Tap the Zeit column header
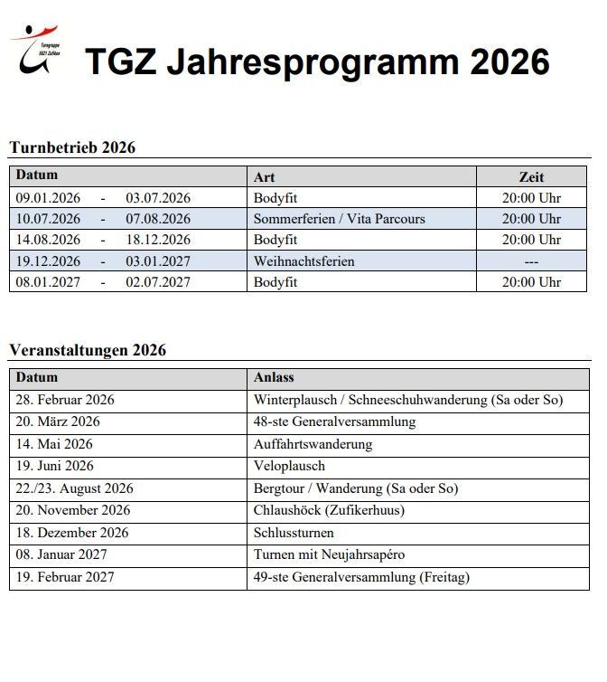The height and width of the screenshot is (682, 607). [x=531, y=177]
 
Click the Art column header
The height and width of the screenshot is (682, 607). [x=264, y=177]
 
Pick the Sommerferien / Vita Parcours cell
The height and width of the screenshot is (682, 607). [x=339, y=219]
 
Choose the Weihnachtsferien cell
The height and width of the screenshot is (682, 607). [x=303, y=261]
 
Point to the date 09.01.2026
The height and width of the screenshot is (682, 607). [x=49, y=198]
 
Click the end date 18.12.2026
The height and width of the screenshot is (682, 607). [x=158, y=241]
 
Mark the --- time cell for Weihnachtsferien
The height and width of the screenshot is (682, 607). [x=531, y=261]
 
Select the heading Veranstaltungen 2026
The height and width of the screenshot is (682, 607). [x=88, y=350]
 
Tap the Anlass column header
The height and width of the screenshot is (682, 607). [x=274, y=377]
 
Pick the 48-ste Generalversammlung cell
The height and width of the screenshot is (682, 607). [x=334, y=422]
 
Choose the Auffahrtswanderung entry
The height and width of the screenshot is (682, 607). [x=313, y=444]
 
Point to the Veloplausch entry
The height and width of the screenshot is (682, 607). [x=289, y=466]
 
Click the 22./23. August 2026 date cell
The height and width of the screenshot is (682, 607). [x=75, y=488]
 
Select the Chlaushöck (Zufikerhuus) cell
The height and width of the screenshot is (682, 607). [x=329, y=510]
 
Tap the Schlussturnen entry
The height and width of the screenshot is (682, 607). [x=294, y=533]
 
